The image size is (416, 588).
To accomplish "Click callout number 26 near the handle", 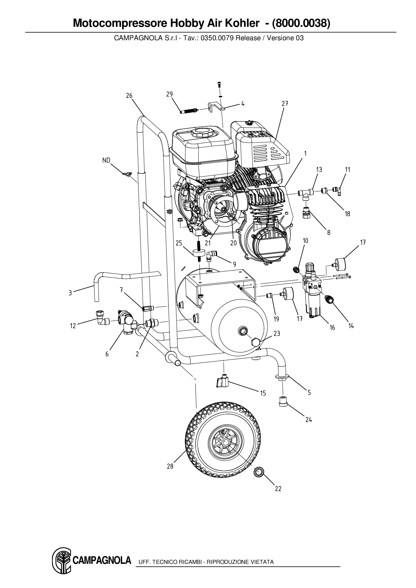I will [129, 96].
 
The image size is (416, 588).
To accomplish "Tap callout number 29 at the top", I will [169, 94].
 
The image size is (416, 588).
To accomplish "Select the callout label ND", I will [106, 160].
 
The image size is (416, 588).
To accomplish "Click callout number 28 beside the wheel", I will [170, 466].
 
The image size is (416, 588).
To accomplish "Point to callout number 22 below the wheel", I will [278, 489].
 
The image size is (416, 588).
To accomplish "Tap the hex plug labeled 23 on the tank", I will [256, 343].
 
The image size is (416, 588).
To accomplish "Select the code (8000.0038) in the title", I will [301, 23].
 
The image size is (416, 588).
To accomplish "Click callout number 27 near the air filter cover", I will [285, 104].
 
